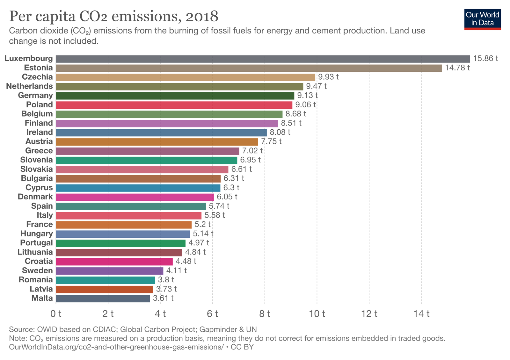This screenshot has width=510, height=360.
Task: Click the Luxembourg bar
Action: click(263, 59)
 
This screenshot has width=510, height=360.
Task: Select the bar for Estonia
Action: click(249, 68)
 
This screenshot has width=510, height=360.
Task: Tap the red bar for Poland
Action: click(174, 105)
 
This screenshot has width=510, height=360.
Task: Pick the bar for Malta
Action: click(103, 299)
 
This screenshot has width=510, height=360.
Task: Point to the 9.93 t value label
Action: click(328, 77)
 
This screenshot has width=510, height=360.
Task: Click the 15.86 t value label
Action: click(485, 59)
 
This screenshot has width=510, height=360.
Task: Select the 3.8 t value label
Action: click(166, 280)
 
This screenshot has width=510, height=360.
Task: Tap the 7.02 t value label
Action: click(252, 151)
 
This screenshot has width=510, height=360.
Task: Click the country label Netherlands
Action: click(29, 86)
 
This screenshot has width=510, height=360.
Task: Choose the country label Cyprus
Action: click(39, 187)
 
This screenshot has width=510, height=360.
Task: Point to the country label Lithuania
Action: click(35, 252)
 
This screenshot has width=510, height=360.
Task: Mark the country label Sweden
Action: click(37, 270)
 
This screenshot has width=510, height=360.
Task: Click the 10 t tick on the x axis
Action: click(317, 314)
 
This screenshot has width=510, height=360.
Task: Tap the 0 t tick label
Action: click(56, 314)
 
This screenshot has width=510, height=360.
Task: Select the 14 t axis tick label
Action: click(421, 314)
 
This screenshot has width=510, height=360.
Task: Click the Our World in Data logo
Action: click(482, 19)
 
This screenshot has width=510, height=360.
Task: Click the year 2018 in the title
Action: click(202, 17)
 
